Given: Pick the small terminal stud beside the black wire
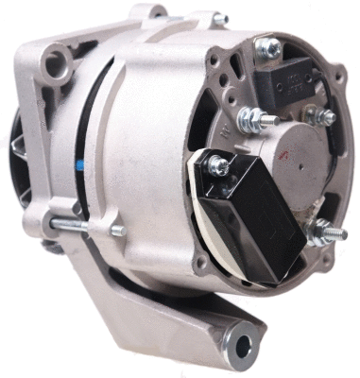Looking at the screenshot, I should [324, 117].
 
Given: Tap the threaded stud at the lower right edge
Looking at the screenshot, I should [328, 230].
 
